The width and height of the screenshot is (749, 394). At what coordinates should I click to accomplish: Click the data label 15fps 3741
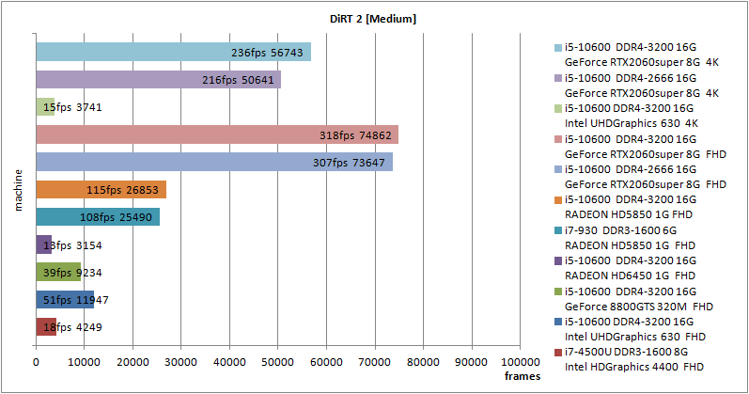click(72, 108)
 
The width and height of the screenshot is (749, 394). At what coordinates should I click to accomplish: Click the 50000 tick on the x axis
click(278, 361)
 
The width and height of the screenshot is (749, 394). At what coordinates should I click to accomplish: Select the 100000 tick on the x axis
click(519, 361)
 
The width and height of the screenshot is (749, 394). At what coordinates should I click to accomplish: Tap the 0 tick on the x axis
click(36, 361)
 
